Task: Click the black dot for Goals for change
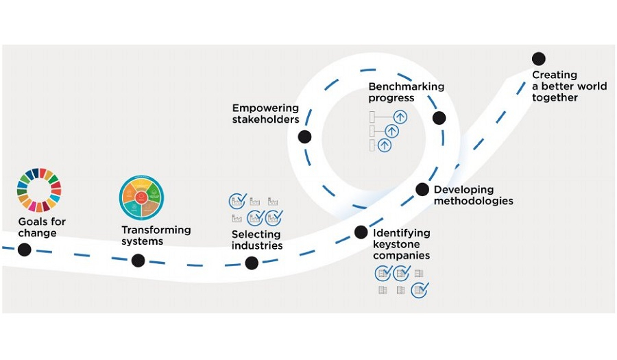tap(25, 250)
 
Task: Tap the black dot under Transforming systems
tap(138, 260)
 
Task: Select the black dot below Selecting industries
tap(252, 263)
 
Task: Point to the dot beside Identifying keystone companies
tap(361, 232)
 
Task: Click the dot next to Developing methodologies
tap(422, 189)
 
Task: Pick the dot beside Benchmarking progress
tap(439, 117)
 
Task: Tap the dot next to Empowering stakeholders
tap(305, 136)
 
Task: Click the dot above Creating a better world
tap(539, 59)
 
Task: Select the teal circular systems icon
tap(141, 197)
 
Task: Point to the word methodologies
tap(473, 201)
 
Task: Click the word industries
tap(257, 245)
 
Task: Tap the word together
tap(555, 97)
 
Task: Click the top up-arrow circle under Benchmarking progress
tap(400, 117)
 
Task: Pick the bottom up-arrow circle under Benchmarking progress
tap(385, 145)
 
